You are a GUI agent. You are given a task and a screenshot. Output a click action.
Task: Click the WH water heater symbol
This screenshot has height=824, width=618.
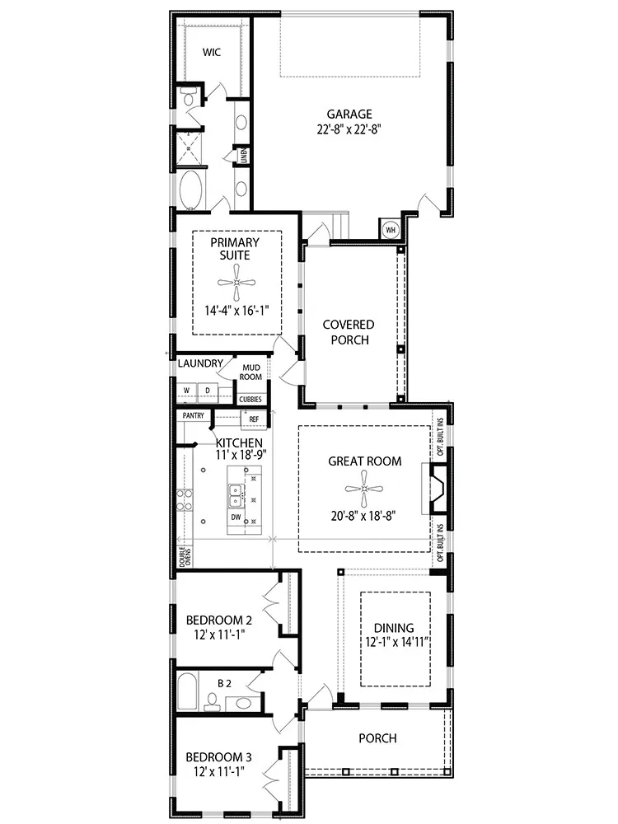pos(391,230)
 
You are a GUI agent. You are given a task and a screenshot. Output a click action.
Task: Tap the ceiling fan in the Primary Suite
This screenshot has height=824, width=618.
pos(236,283)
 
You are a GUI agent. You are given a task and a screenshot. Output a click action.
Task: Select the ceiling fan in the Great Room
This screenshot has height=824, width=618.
pos(364,489)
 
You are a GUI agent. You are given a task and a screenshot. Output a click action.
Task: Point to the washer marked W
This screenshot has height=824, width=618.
pos(186,391)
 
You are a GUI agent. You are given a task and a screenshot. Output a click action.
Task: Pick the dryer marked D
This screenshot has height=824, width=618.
pos(208,391)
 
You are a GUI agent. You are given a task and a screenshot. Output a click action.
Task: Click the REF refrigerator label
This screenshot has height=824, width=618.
pos(254,419)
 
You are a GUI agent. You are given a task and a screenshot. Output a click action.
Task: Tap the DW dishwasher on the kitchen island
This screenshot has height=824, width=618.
pos(236,517)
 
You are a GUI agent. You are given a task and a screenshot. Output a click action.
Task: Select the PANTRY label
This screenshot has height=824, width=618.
pos(194,415)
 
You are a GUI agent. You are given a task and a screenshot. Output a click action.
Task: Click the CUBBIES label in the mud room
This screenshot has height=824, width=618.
pos(250,400)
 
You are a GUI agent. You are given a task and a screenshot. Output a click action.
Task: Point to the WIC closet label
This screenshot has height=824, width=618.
pos(212,52)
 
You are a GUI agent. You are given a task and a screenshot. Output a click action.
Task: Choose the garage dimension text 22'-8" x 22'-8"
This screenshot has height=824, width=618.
pos(349,129)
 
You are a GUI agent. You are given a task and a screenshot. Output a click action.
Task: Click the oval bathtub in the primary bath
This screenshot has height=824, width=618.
pos(190,190)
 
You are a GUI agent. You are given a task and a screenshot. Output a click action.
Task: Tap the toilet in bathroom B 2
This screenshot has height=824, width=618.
pos(212,701)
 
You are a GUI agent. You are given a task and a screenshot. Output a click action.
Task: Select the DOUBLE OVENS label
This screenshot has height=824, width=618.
pos(185,556)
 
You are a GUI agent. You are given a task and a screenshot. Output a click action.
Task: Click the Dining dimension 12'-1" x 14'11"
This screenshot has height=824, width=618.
pos(398,642)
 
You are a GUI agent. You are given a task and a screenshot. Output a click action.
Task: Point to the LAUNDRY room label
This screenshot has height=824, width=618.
pos(200,363)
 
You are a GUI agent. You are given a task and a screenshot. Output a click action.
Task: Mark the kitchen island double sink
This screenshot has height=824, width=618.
pos(236,494)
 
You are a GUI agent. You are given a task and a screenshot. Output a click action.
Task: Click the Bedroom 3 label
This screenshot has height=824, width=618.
pos(218,757)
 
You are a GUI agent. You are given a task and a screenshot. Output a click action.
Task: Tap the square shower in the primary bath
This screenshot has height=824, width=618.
pos(189,147)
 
